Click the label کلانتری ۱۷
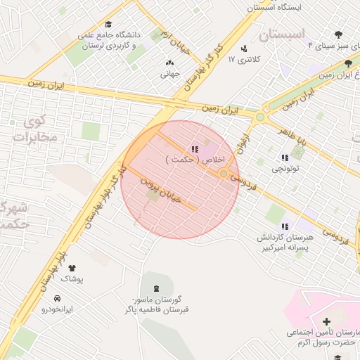click(x=244, y=60)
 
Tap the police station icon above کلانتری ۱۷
click(x=244, y=49)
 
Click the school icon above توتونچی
click(x=285, y=157)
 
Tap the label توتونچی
click(x=286, y=169)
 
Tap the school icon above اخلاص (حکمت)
click(x=194, y=148)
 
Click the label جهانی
click(x=170, y=72)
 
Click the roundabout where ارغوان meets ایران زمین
click(x=260, y=117)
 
